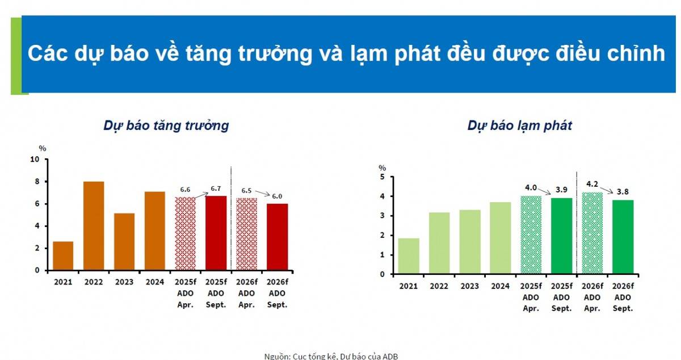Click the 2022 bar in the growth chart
coord(94,226)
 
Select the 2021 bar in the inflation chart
coord(409,256)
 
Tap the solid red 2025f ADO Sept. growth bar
coord(216,233)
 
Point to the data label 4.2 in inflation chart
coord(592,184)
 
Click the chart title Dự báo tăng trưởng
coord(166,125)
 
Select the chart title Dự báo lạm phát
coord(519,126)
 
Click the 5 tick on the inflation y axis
coord(382,177)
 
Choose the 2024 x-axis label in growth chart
coord(154,282)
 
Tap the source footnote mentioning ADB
coord(331,356)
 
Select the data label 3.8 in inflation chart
coord(623,191)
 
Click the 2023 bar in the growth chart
coord(124,241)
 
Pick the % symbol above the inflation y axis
coord(382,168)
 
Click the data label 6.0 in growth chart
coord(277,196)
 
